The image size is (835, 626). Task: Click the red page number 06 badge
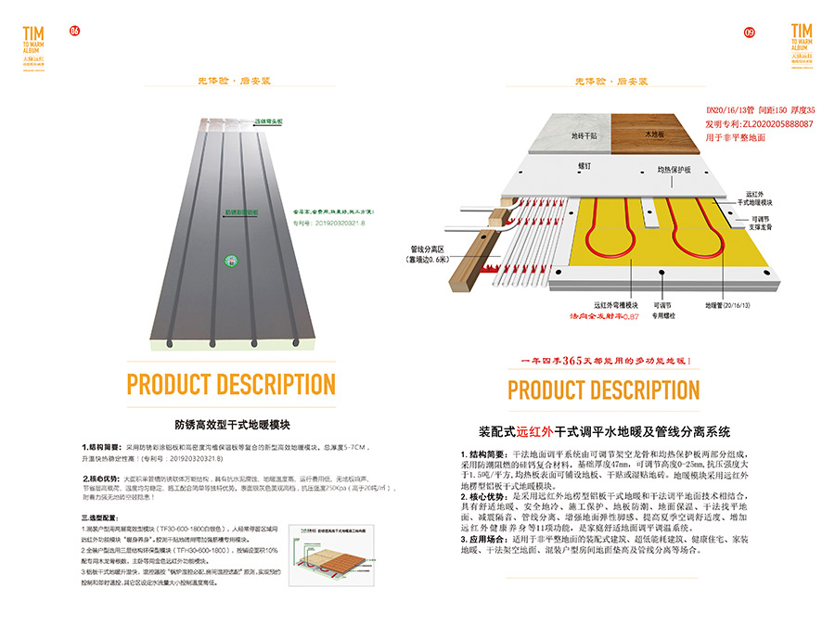pyautogui.click(x=75, y=31)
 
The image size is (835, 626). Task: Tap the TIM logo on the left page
pyautogui.click(x=33, y=41)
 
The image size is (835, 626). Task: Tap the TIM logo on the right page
pyautogui.click(x=803, y=41)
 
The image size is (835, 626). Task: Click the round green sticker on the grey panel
pyautogui.click(x=225, y=262)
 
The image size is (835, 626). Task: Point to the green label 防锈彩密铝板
pyautogui.click(x=242, y=211)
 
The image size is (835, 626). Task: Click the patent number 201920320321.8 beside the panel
pyautogui.click(x=326, y=223)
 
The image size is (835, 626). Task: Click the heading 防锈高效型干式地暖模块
pyautogui.click(x=233, y=424)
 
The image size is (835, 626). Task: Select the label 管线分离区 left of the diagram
pyautogui.click(x=429, y=249)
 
